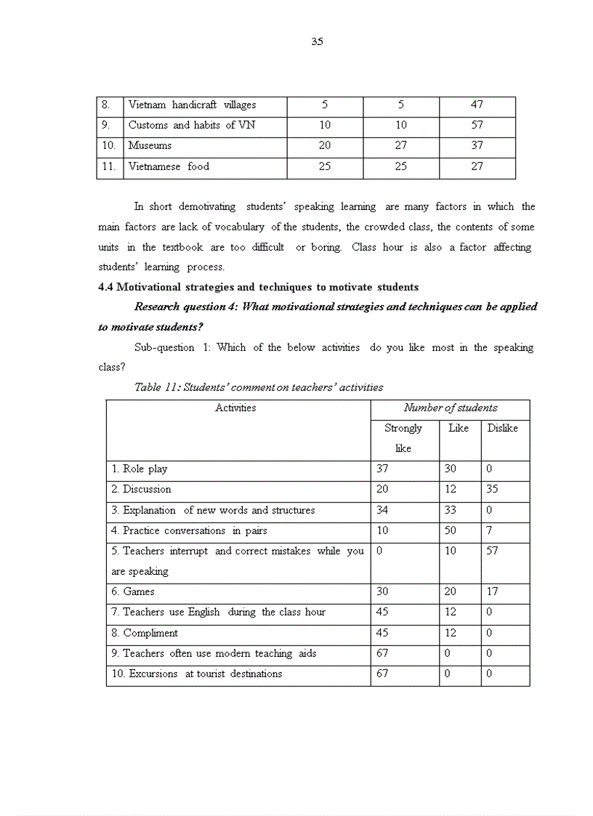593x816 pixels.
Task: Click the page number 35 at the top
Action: (x=317, y=41)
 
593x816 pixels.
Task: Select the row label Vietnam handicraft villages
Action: (x=192, y=105)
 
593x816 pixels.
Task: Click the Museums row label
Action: (x=150, y=145)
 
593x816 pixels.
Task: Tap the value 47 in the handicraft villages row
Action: (x=477, y=105)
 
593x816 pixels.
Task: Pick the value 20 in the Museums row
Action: (x=325, y=145)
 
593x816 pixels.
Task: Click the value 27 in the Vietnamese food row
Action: (x=477, y=166)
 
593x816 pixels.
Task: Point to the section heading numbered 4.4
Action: (x=258, y=287)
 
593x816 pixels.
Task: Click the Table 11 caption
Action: (x=259, y=387)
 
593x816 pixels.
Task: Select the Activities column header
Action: (x=235, y=408)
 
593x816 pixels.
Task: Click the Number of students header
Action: (x=451, y=408)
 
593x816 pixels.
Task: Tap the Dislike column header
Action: (x=502, y=428)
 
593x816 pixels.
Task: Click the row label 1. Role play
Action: (x=140, y=469)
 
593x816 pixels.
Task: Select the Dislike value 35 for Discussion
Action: (x=492, y=490)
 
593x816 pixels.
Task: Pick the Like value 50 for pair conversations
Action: (x=451, y=530)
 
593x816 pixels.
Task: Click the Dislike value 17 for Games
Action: (x=492, y=592)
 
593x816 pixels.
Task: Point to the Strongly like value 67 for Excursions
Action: (x=382, y=674)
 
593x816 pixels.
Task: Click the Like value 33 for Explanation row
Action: (x=451, y=510)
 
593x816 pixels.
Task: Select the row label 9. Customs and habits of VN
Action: (x=192, y=125)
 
